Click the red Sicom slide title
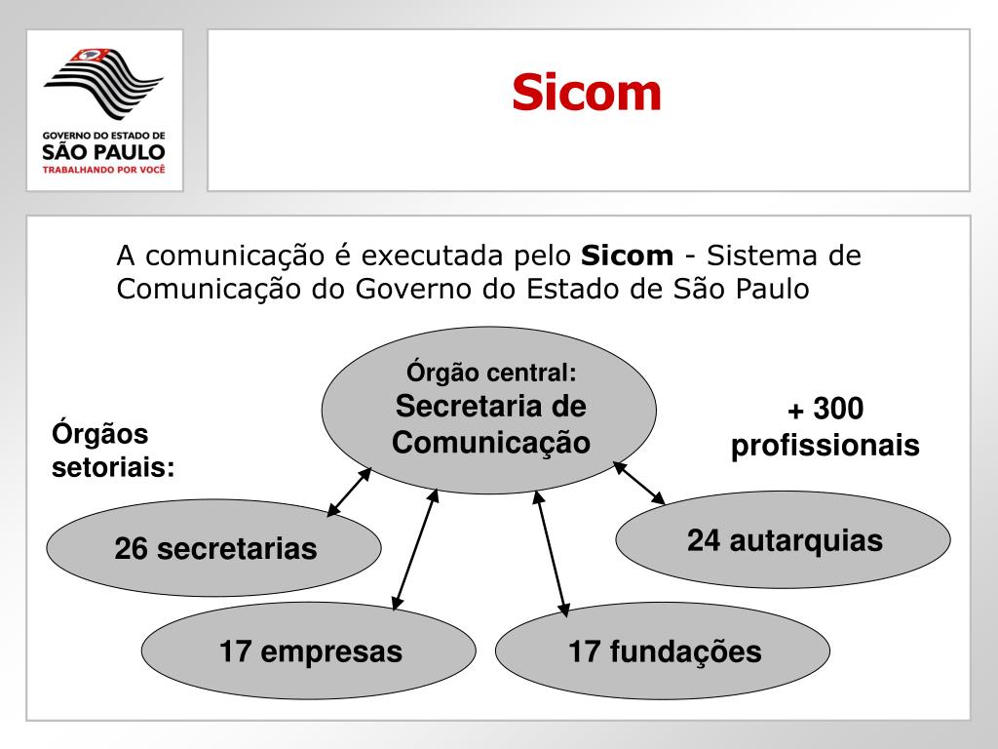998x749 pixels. [587, 93]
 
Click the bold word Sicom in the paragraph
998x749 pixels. [627, 256]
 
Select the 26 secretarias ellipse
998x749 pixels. [214, 548]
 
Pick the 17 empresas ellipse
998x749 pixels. [309, 650]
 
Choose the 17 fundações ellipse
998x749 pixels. [664, 650]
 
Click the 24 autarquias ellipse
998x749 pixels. [784, 539]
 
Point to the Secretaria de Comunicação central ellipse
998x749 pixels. [490, 411]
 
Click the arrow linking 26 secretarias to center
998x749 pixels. [349, 492]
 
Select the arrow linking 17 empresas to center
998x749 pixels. [415, 549]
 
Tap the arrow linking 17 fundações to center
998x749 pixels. [551, 552]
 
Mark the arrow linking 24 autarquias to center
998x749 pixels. [639, 483]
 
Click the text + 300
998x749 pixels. [825, 409]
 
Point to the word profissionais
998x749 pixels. [825, 446]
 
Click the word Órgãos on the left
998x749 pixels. [99, 433]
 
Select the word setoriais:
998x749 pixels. [113, 467]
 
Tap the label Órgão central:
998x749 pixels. [491, 372]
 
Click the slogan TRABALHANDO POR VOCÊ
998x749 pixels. [104, 169]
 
